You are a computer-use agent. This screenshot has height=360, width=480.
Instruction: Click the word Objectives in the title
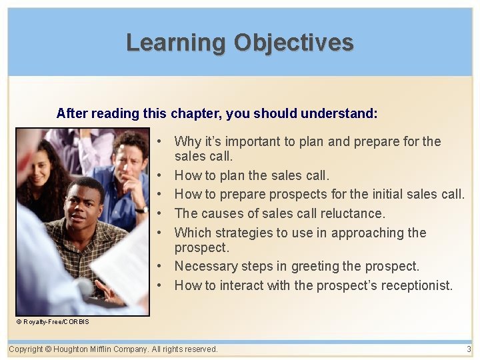pyautogui.click(x=293, y=43)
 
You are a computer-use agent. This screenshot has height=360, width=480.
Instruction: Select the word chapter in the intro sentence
pyautogui.click(x=195, y=113)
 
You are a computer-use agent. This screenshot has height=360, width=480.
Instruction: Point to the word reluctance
pyautogui.click(x=352, y=213)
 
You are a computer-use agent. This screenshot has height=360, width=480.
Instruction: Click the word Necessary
pyautogui.click(x=204, y=266)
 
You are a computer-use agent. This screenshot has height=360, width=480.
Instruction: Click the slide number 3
pyautogui.click(x=469, y=349)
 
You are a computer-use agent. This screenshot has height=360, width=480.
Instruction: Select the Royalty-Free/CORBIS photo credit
pyautogui.click(x=53, y=322)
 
